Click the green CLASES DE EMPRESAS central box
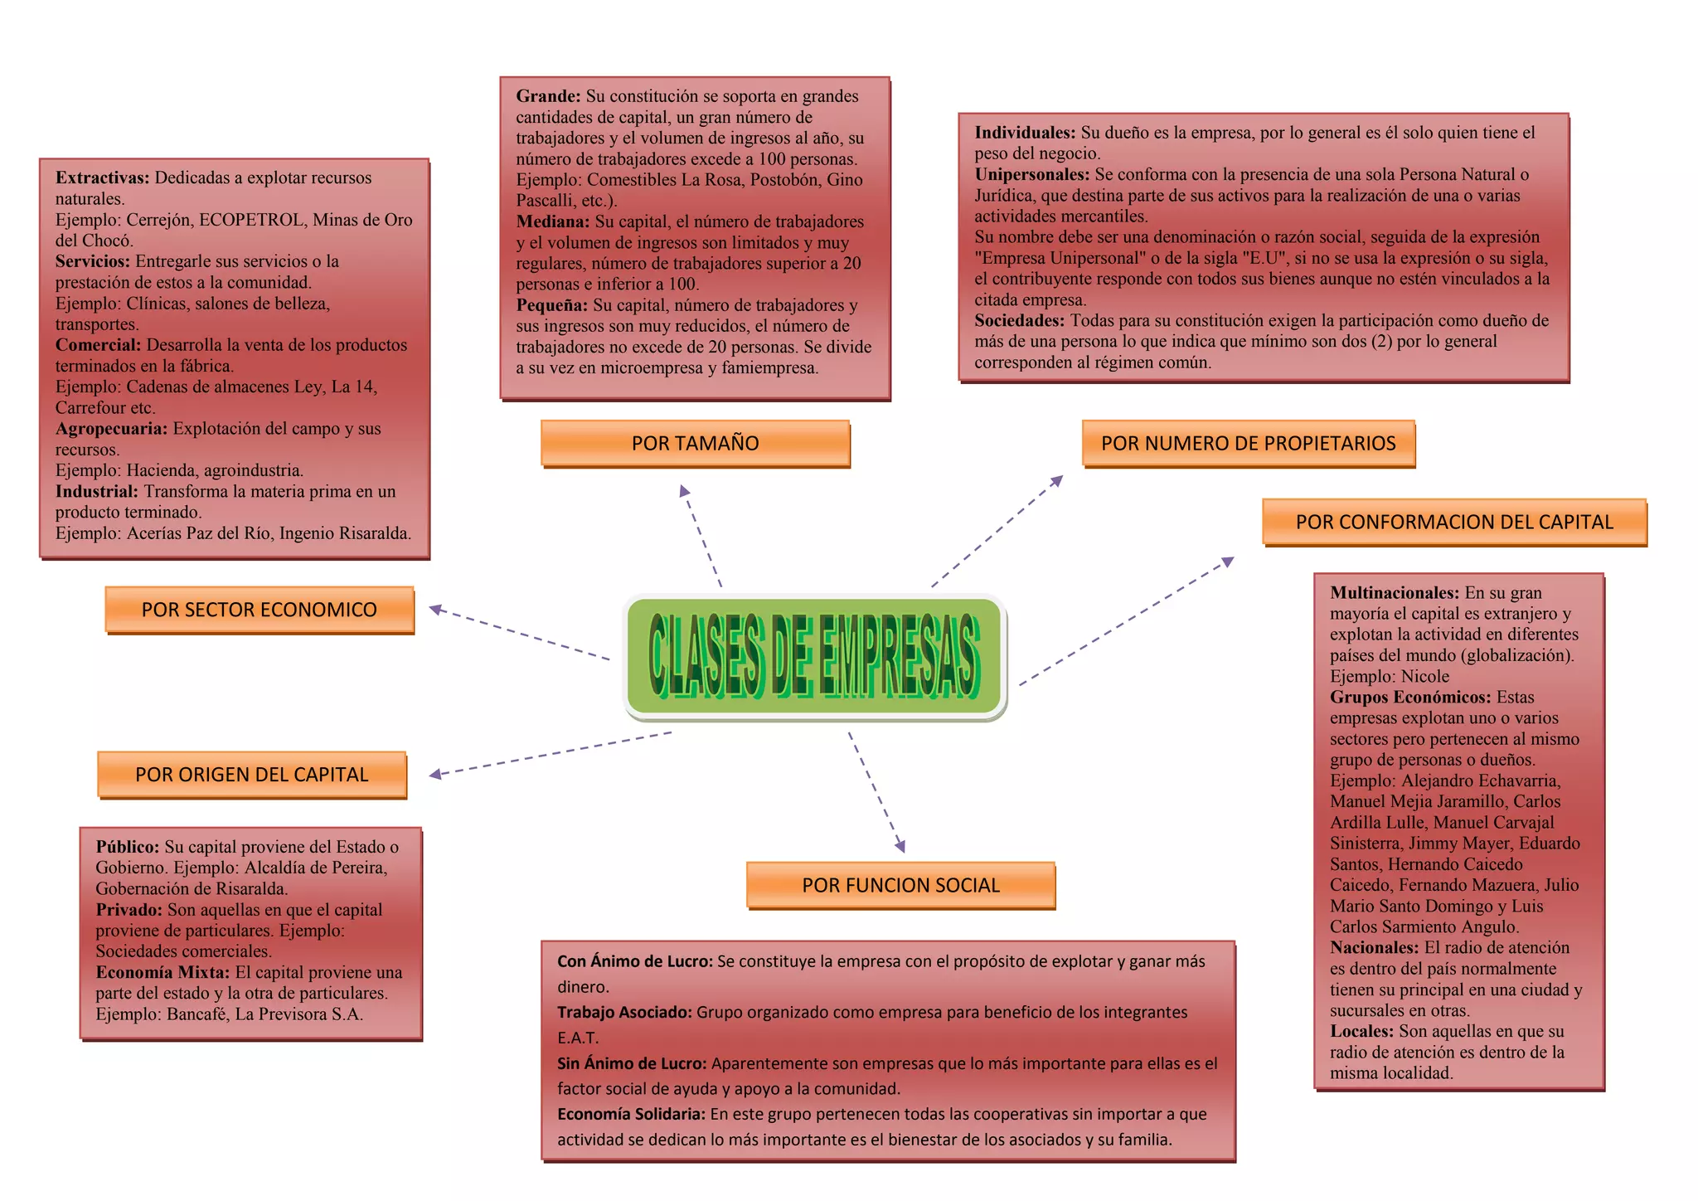pyautogui.click(x=814, y=656)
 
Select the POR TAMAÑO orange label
pyautogui.click(x=695, y=443)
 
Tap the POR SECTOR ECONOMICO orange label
pyautogui.click(x=259, y=610)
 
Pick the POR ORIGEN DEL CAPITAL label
pyautogui.click(x=251, y=775)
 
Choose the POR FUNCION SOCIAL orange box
pyautogui.click(x=900, y=885)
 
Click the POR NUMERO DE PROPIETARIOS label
pyautogui.click(x=1248, y=443)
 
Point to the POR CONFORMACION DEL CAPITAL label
pyautogui.click(x=1454, y=522)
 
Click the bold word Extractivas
pyautogui.click(x=102, y=177)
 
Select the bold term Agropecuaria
pyautogui.click(x=111, y=429)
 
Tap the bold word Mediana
pyautogui.click(x=552, y=221)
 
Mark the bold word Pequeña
pyautogui.click(x=551, y=305)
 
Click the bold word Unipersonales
pyautogui.click(x=1031, y=174)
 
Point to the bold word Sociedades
pyautogui.click(x=1019, y=320)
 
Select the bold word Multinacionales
pyautogui.click(x=1394, y=593)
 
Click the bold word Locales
pyautogui.click(x=1361, y=1032)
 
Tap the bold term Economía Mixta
pyautogui.click(x=162, y=972)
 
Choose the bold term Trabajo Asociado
pyautogui.click(x=623, y=1013)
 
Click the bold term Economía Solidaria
pyautogui.click(x=630, y=1115)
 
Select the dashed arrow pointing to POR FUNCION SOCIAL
pyautogui.click(x=876, y=792)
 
